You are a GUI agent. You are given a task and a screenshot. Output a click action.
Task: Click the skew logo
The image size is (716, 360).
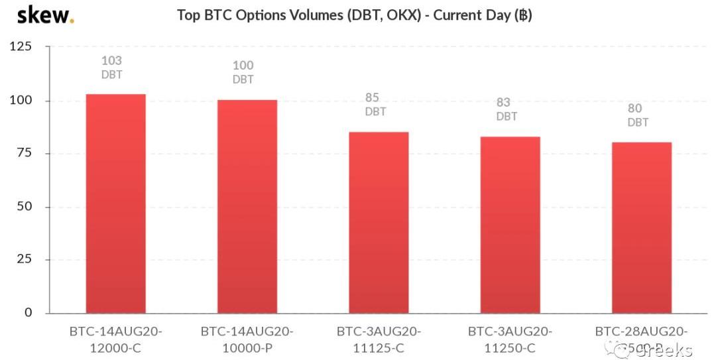(x=45, y=15)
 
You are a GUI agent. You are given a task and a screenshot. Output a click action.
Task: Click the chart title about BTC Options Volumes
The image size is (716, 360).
(x=354, y=15)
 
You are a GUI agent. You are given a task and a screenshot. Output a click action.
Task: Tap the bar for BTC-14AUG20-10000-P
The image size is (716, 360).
(x=247, y=206)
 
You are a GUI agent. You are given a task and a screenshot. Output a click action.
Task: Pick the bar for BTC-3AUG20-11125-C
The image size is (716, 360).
(x=378, y=222)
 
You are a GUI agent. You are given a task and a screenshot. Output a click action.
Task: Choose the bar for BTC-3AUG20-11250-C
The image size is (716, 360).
(x=509, y=225)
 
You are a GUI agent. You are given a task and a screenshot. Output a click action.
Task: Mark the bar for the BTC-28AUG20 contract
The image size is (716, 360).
(x=641, y=227)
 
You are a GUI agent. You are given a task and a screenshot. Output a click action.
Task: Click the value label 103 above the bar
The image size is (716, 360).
(x=111, y=61)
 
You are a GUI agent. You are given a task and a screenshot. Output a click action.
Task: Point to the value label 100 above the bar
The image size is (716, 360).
(x=243, y=66)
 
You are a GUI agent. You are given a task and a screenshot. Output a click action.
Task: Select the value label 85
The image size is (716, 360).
(x=372, y=98)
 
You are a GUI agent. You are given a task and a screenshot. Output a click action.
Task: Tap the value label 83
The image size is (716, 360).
(x=504, y=103)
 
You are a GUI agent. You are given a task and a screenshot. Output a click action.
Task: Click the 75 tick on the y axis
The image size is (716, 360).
(x=25, y=153)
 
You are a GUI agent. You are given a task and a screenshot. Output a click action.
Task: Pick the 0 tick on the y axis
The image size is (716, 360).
(x=28, y=312)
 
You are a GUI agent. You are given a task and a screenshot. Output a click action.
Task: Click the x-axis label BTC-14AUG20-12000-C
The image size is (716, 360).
(x=115, y=339)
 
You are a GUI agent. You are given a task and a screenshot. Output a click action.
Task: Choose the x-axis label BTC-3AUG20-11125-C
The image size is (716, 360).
(x=378, y=339)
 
